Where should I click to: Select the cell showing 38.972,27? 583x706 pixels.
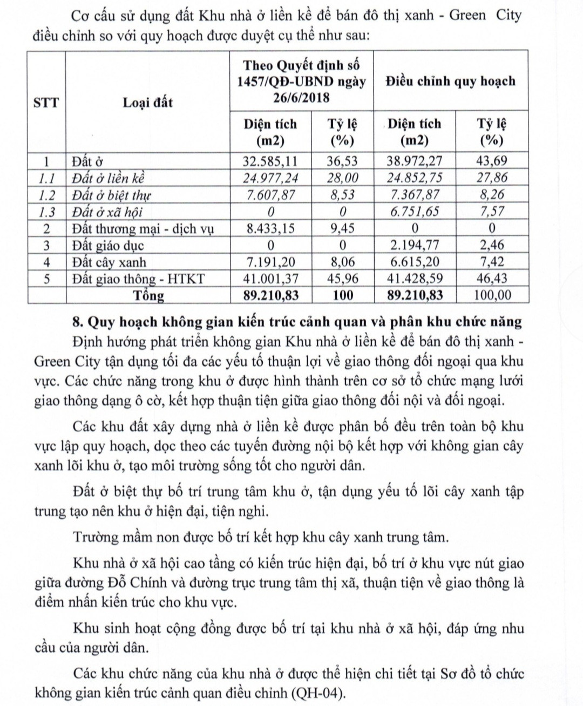tap(414, 161)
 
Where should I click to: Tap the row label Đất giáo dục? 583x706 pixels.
tap(109, 246)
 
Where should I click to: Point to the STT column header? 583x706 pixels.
tap(46, 102)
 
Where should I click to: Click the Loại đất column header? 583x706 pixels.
tap(147, 102)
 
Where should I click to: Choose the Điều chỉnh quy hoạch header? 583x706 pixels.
tap(450, 81)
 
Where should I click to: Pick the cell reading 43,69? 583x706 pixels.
tap(492, 161)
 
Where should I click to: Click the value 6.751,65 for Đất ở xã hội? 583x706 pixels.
tap(414, 212)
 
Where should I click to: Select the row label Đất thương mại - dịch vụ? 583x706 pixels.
tap(143, 229)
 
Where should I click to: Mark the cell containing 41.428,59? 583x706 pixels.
tap(414, 279)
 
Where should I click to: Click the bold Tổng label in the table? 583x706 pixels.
tap(150, 296)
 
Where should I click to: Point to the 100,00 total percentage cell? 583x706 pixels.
tap(492, 296)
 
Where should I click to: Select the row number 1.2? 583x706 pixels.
tap(46, 195)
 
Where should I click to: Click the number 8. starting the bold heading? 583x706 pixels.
tap(78, 322)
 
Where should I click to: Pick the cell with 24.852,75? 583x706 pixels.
tap(414, 178)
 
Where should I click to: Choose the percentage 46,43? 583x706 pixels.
tap(492, 279)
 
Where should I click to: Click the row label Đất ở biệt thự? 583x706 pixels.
tap(112, 195)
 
